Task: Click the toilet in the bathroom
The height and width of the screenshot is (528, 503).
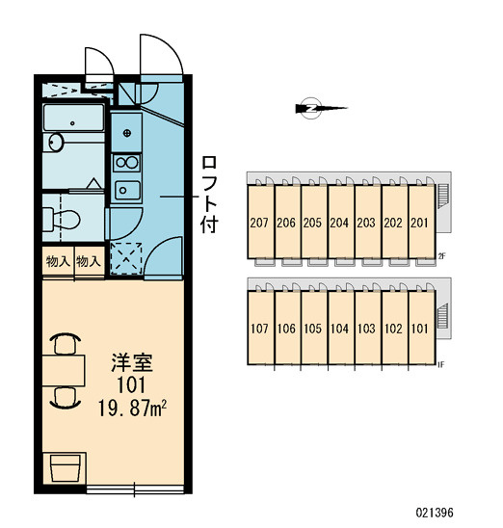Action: (62, 220)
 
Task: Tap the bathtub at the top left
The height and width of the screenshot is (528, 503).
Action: (73, 118)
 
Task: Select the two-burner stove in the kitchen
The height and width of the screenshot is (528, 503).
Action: (126, 163)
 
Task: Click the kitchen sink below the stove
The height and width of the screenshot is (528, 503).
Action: (127, 190)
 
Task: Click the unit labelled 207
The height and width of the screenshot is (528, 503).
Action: (260, 223)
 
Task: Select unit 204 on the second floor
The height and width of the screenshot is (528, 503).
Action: (340, 223)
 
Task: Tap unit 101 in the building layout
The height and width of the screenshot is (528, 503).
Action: (421, 329)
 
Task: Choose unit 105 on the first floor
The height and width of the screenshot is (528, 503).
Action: (314, 329)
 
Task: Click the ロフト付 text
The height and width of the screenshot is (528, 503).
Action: (209, 195)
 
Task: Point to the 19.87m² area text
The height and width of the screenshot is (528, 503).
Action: (132, 409)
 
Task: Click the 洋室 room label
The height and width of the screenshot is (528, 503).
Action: (132, 362)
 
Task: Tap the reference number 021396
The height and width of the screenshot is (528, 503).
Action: (435, 513)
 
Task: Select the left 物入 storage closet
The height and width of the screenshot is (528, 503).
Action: (58, 262)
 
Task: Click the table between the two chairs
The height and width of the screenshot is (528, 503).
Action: (64, 370)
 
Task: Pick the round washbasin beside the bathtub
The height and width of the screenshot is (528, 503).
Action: (56, 143)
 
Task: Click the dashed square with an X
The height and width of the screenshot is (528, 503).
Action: (126, 258)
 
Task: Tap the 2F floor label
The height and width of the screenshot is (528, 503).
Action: (442, 256)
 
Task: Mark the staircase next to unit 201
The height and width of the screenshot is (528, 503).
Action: (442, 195)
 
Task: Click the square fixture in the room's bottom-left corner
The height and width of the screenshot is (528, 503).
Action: (65, 468)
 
